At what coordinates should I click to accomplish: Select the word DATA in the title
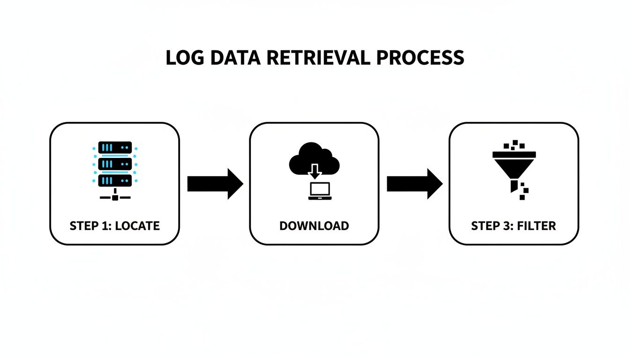232,57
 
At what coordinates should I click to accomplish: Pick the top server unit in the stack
115,147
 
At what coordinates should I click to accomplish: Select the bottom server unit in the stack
115,180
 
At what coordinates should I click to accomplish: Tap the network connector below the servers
115,197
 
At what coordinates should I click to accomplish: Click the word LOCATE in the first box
137,226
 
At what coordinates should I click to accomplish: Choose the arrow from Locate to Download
215,184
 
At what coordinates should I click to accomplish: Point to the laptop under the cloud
320,191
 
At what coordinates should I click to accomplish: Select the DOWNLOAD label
314,226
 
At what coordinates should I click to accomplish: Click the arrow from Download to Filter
414,184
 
